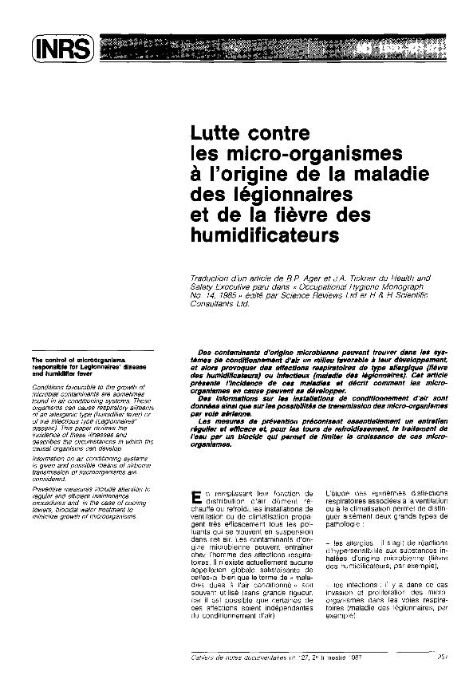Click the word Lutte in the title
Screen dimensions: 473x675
point(211,132)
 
